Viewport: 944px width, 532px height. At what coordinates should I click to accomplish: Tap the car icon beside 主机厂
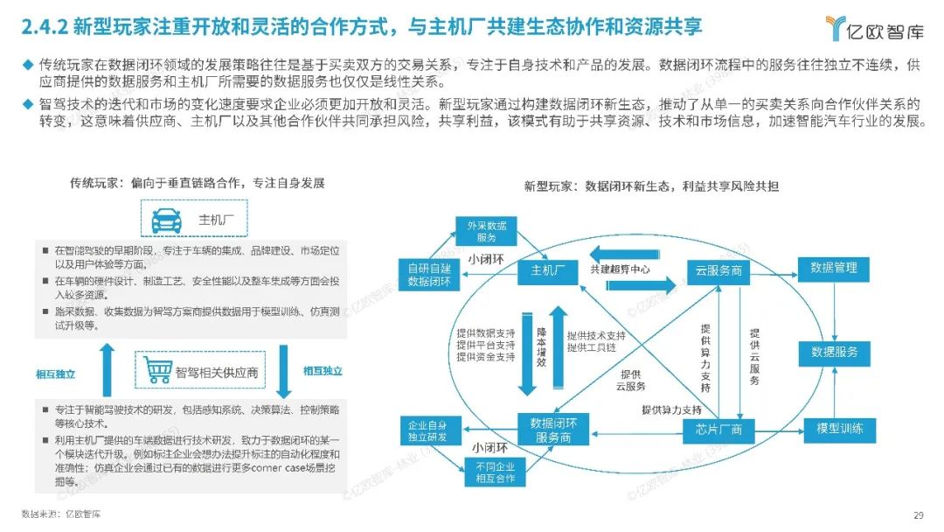pos(167,220)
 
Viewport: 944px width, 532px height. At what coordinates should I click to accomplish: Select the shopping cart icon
pos(157,371)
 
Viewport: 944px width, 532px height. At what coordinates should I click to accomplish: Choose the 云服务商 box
pos(714,270)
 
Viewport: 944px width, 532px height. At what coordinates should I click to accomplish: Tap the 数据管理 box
pos(834,268)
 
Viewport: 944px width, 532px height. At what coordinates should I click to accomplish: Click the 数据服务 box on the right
pos(834,353)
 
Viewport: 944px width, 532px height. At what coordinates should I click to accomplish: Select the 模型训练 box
pos(839,429)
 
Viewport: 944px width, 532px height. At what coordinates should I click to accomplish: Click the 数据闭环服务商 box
pos(553,429)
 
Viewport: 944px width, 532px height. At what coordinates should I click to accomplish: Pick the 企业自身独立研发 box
pos(428,430)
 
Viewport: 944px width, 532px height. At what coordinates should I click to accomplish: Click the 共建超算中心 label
pos(620,269)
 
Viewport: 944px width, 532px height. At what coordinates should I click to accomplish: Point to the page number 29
pos(918,514)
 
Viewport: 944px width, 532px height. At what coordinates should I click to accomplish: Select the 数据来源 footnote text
pos(61,514)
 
